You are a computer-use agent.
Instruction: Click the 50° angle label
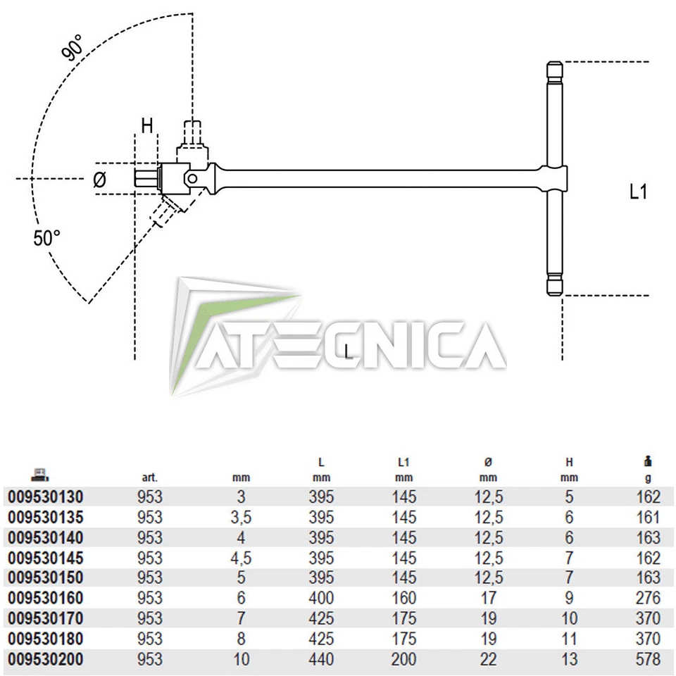[47, 238]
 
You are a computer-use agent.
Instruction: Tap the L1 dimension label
[637, 192]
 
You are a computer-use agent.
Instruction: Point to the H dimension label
[146, 126]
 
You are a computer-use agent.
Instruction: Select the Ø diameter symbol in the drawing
[100, 180]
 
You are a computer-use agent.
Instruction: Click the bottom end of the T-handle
[554, 285]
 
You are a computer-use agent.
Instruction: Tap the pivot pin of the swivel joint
[192, 180]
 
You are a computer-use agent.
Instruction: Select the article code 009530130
[46, 497]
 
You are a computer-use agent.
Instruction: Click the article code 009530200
[46, 660]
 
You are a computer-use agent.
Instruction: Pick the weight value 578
[648, 660]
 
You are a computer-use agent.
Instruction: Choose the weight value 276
[648, 599]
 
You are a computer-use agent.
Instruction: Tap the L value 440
[321, 660]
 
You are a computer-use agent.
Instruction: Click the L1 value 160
[403, 599]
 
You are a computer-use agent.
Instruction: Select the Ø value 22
[488, 660]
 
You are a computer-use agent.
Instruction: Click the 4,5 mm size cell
[241, 558]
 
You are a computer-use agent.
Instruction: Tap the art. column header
[149, 477]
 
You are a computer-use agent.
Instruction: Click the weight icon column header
[648, 462]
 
